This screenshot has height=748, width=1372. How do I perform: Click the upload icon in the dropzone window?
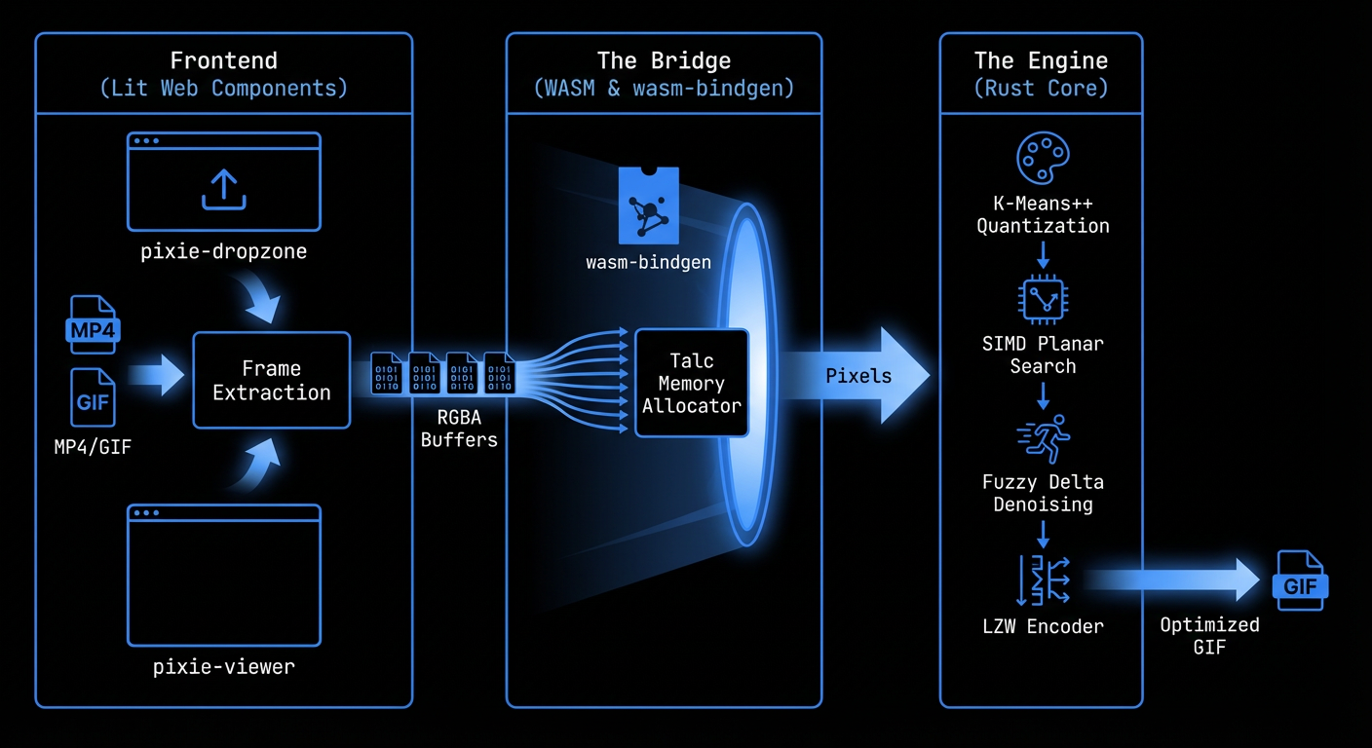[223, 189]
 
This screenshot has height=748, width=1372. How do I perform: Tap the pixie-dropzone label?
[223, 251]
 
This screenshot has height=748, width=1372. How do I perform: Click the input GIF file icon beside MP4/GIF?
[93, 397]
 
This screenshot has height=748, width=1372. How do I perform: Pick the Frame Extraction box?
[271, 380]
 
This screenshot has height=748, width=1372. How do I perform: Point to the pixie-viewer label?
[223, 668]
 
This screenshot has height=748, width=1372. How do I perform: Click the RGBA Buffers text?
[459, 429]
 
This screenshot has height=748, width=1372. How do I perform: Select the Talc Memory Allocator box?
[691, 383]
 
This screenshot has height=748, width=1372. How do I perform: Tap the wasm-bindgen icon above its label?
[648, 206]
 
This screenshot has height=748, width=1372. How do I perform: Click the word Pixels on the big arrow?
[857, 376]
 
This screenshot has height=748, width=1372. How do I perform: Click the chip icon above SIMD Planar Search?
[1043, 300]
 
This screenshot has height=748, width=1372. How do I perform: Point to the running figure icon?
[1043, 437]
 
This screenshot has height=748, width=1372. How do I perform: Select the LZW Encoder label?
[1043, 627]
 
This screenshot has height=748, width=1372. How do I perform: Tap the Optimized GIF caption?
[1209, 636]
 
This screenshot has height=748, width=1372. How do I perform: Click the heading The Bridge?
[664, 60]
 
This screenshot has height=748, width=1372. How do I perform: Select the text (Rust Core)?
[1041, 88]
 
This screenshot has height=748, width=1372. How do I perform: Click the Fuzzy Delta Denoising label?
[1043, 493]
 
